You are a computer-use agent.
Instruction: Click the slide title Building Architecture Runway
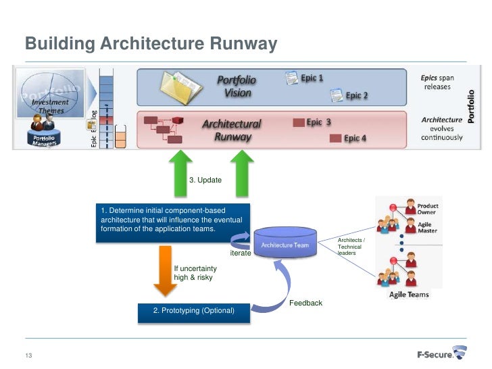click(x=151, y=44)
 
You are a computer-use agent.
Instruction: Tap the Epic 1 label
click(x=312, y=78)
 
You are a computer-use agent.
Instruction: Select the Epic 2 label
click(x=357, y=96)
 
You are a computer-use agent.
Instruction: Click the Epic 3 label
click(x=318, y=122)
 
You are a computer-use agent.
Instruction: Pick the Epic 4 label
click(x=355, y=139)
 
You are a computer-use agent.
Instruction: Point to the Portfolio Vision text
click(x=237, y=87)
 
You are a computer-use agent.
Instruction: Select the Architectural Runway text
click(x=232, y=130)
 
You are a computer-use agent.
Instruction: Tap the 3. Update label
click(x=205, y=180)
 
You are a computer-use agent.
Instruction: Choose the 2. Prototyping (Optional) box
click(x=193, y=311)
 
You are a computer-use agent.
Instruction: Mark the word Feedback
click(x=306, y=303)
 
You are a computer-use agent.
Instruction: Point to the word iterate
click(x=241, y=253)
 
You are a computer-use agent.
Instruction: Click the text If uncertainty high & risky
click(x=195, y=273)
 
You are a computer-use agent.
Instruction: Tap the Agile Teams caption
click(x=409, y=295)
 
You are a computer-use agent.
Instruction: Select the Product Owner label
click(x=427, y=209)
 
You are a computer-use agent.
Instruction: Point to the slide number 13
click(x=29, y=356)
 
